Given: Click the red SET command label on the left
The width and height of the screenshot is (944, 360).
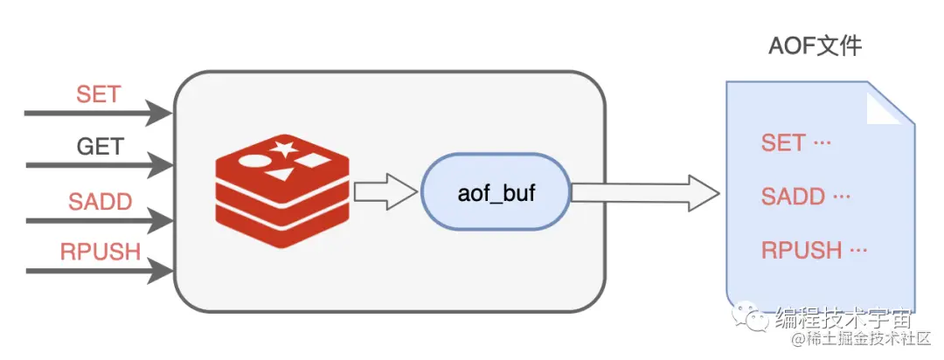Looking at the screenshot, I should [98, 94].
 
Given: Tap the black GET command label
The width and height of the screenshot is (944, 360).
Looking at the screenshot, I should [101, 146].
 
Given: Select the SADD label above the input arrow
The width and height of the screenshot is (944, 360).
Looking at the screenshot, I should [101, 202].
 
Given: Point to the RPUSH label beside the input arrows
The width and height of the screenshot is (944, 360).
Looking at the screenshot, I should [101, 253].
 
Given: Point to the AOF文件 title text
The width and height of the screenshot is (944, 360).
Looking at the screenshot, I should [815, 46].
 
